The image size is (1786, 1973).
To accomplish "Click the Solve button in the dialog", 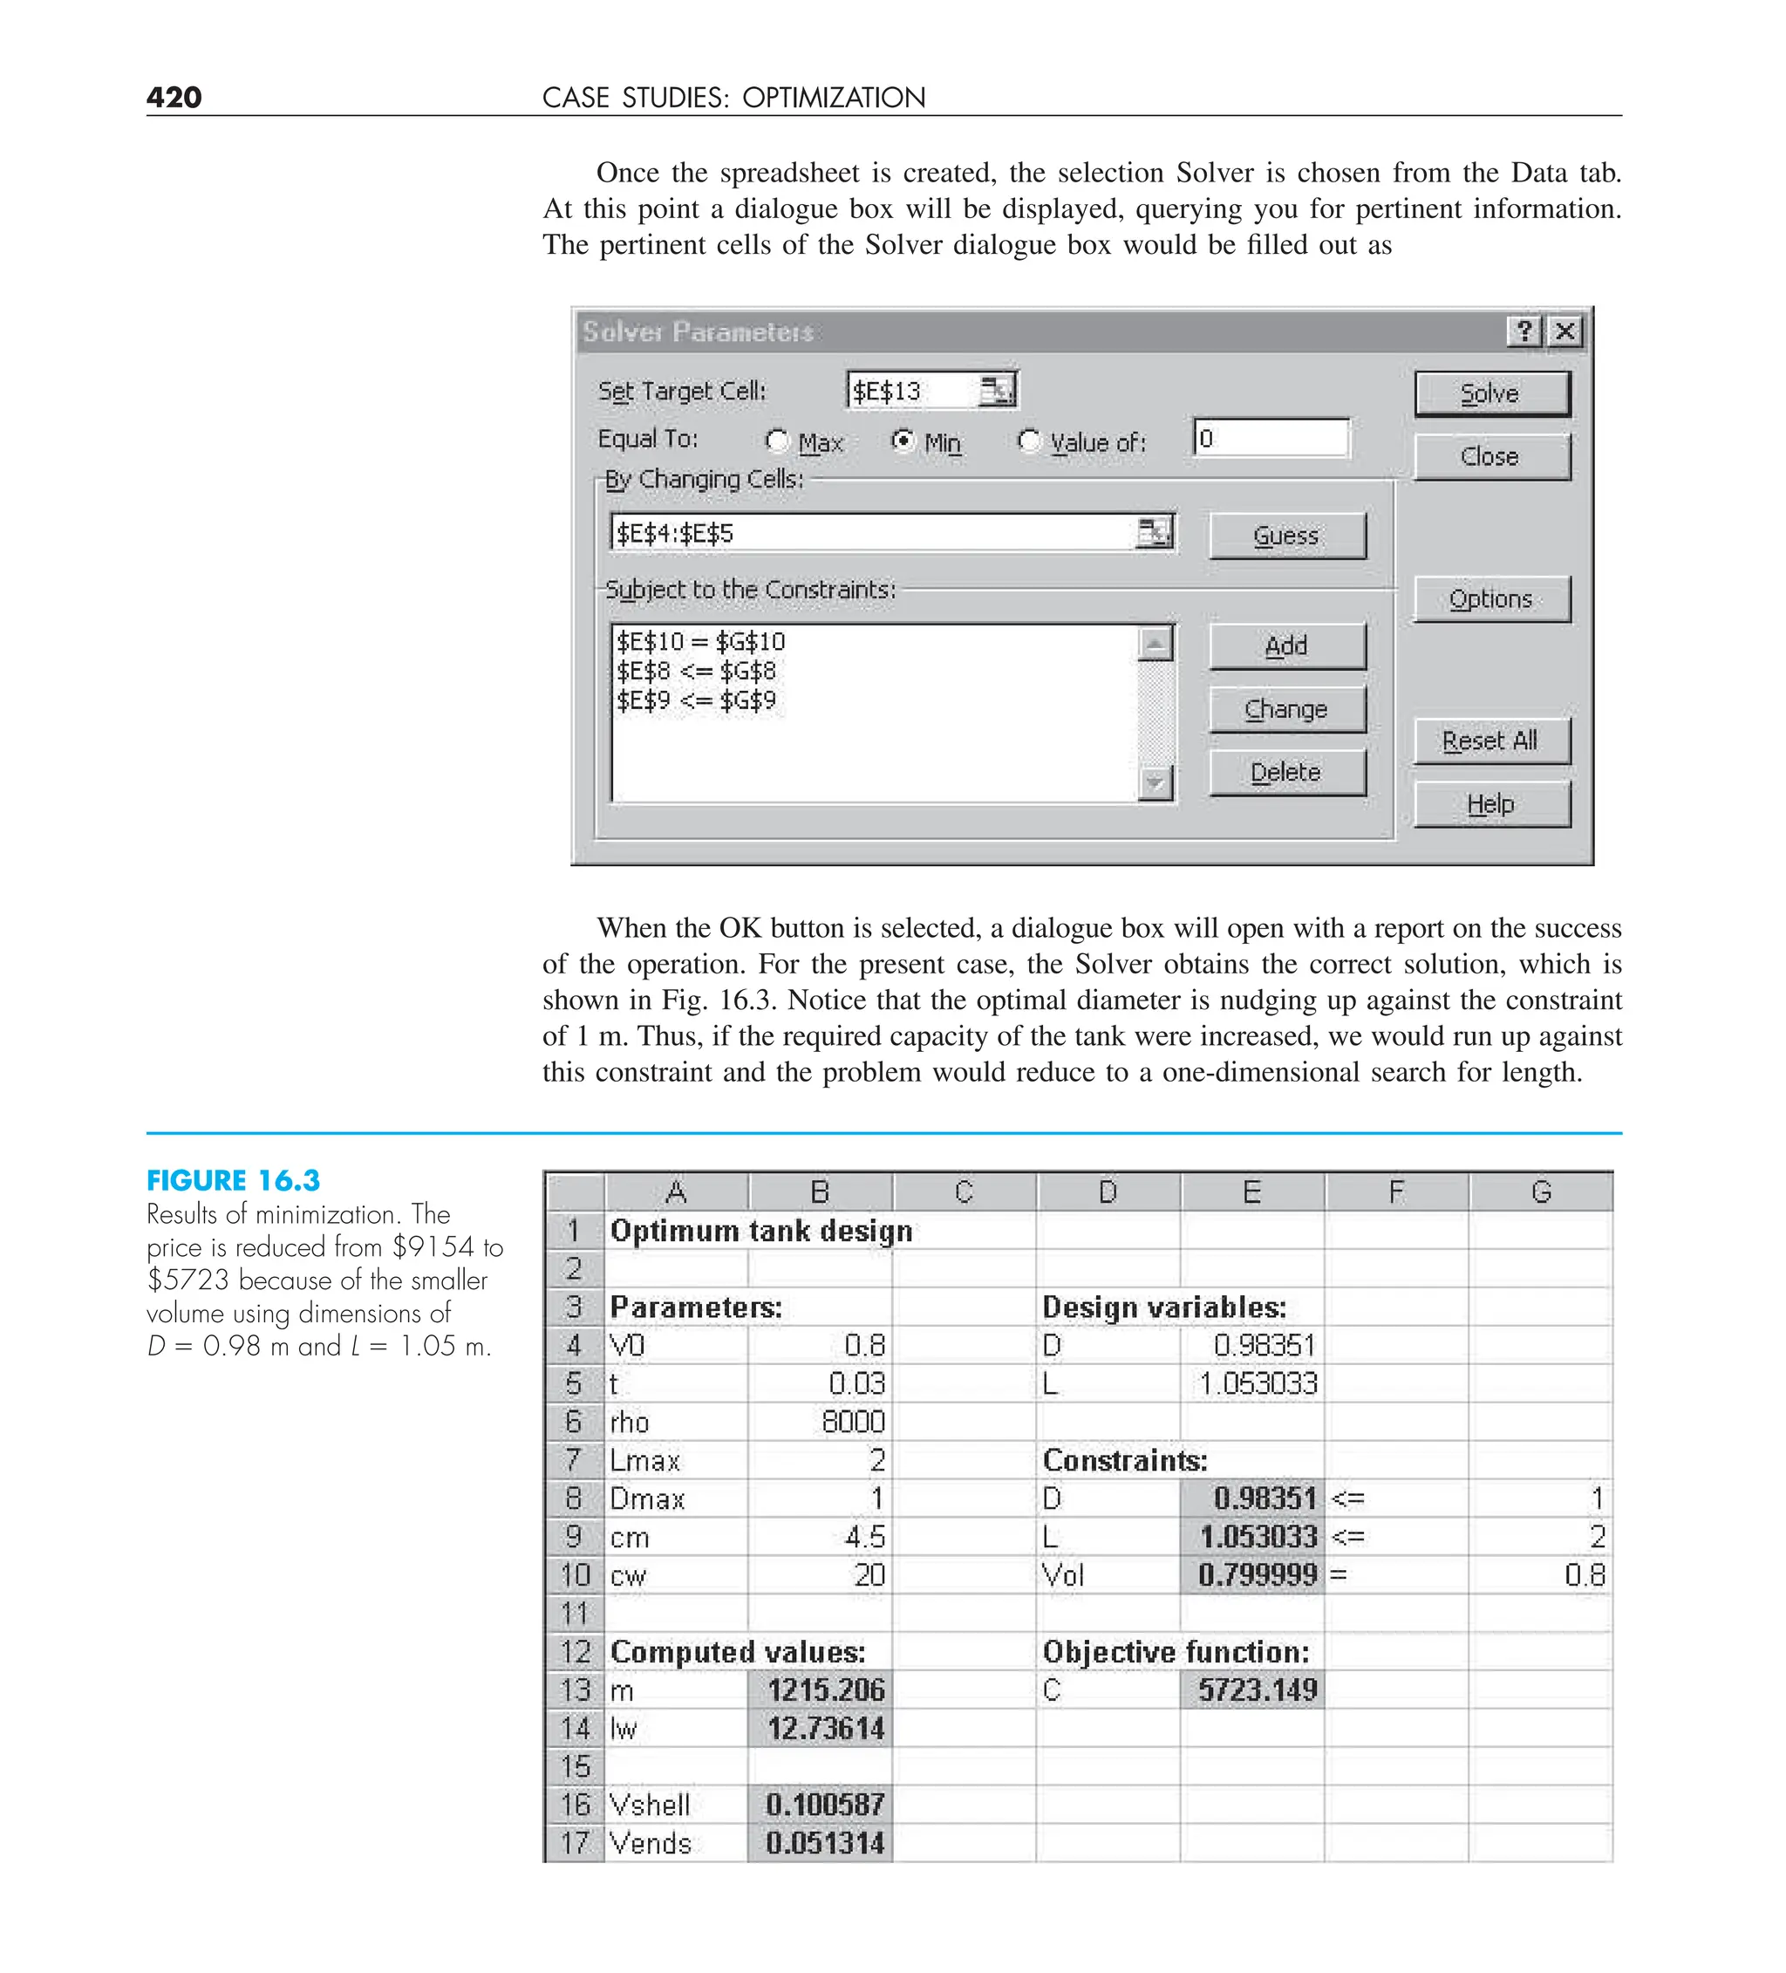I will (x=1490, y=393).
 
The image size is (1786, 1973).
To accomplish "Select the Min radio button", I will (x=903, y=441).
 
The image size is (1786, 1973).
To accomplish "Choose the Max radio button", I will (x=777, y=441).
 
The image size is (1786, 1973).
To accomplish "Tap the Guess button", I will (x=1286, y=536).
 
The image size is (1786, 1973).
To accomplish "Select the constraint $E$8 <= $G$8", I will (x=696, y=672).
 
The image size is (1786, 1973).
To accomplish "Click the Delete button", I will (x=1286, y=772).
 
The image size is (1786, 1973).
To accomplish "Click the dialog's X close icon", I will (x=1564, y=331).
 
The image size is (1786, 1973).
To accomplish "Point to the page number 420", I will (x=174, y=97).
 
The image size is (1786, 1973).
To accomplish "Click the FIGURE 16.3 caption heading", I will (x=233, y=1180).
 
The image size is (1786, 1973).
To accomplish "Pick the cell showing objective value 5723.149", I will (x=1257, y=1690).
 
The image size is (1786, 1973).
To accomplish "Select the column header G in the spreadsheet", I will (x=1540, y=1191).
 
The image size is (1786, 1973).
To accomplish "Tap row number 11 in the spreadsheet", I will (x=575, y=1614).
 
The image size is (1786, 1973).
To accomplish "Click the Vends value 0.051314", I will (x=824, y=1844).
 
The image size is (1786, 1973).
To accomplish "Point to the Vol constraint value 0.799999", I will (x=1257, y=1575).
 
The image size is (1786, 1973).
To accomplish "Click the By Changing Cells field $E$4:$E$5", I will (x=871, y=534).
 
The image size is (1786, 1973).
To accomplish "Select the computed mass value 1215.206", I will (x=824, y=1690).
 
